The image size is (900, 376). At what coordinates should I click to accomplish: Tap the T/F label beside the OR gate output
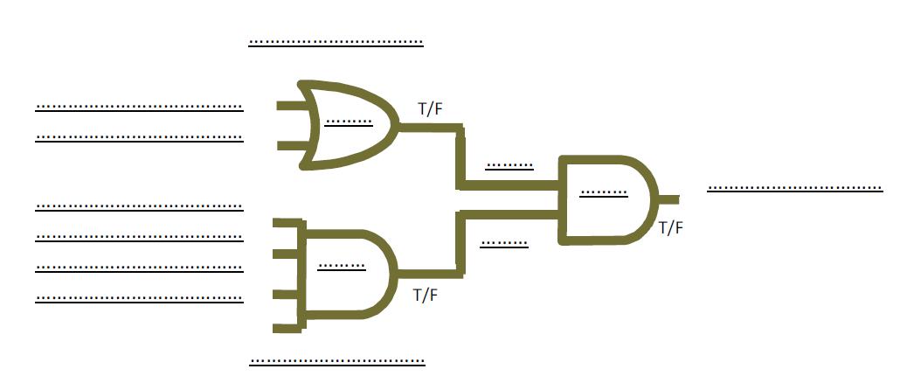point(431,109)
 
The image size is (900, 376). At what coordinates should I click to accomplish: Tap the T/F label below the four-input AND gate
point(425,295)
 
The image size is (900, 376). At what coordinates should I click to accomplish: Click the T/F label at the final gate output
point(670,228)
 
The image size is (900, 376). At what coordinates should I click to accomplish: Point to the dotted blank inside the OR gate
point(348,122)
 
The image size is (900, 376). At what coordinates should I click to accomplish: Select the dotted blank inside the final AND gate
point(604,191)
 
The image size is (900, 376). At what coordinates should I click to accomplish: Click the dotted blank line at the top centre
point(336,41)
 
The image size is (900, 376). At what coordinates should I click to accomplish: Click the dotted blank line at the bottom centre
point(337,360)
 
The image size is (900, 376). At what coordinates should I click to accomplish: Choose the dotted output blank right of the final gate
point(794,187)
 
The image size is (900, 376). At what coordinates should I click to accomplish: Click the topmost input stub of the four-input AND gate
point(285,225)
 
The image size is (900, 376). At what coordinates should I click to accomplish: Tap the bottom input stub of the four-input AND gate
point(285,329)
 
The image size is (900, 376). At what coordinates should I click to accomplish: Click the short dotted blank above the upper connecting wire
point(509,164)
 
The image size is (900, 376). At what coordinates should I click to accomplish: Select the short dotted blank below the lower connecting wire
point(504,244)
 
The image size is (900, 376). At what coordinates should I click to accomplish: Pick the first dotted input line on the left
point(139,108)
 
